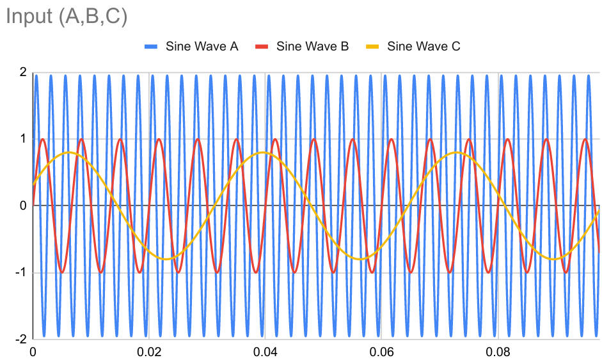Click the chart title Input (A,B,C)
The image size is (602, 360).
(67, 17)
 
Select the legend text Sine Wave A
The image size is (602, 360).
(202, 46)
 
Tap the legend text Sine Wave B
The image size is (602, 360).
(312, 46)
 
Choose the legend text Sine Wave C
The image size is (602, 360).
(424, 46)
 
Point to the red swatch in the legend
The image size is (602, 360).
(262, 46)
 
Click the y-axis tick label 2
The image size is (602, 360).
(23, 72)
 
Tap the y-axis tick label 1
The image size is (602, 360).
(23, 139)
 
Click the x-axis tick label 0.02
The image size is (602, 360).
(149, 351)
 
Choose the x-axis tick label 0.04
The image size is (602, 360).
(265, 351)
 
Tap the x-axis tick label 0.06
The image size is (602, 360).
(381, 351)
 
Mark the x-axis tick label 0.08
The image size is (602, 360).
(498, 351)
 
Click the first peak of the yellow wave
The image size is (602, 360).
(68, 152)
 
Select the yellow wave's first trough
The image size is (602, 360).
(166, 259)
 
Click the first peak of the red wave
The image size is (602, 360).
(42, 139)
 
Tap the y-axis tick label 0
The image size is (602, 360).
(23, 205)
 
